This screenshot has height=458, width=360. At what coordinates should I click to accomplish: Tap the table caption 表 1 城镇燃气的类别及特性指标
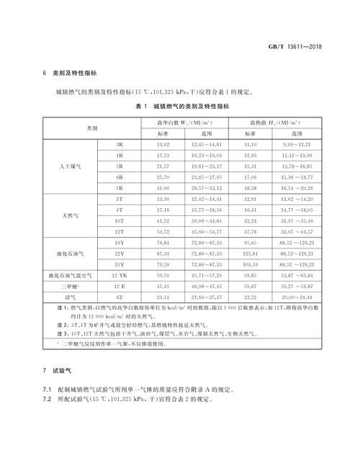tap(180, 106)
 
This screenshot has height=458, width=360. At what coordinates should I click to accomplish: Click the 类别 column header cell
tap(92, 127)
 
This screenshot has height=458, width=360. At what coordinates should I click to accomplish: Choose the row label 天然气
tap(72, 215)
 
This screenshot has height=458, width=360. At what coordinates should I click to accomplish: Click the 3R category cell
tap(120, 145)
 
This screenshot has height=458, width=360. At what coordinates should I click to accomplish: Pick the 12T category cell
tap(120, 232)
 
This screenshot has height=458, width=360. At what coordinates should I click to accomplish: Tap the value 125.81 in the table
tap(251, 253)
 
